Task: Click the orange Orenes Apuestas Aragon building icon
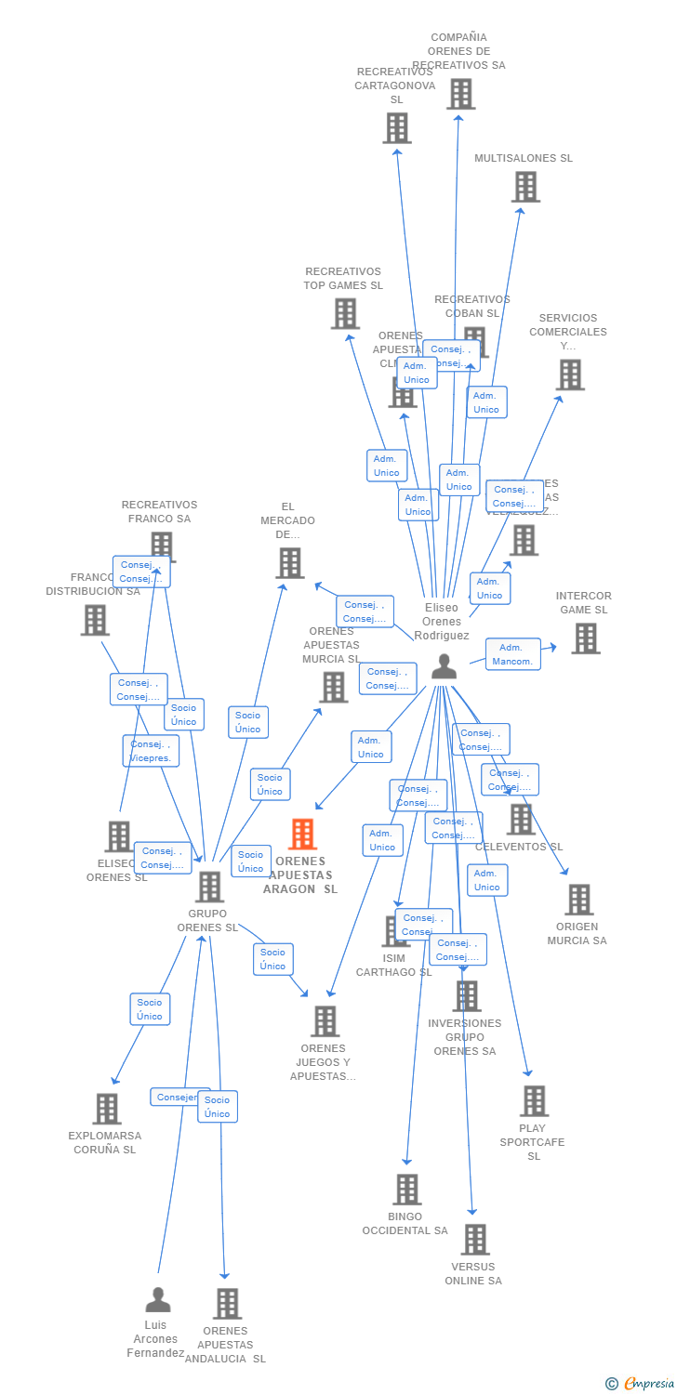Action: pos(302,835)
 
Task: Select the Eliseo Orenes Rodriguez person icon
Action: pos(445,667)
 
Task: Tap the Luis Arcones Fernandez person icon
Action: pos(158,1299)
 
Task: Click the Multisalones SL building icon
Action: pos(525,187)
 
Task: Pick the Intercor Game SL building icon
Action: pos(585,638)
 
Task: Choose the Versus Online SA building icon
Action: pos(475,1239)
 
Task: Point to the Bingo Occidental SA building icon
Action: pos(406,1190)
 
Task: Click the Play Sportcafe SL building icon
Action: pos(534,1101)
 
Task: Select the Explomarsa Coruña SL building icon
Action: pos(107,1109)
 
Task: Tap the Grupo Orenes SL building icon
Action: pos(209,887)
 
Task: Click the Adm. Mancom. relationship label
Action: pos(512,654)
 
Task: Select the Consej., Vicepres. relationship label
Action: pos(151,751)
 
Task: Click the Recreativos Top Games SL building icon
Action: pos(345,314)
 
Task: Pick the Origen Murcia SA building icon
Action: pos(578,900)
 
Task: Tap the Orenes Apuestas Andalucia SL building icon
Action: pos(227,1304)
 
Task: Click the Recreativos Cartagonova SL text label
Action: pos(395,85)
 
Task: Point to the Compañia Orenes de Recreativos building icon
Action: pos(460,94)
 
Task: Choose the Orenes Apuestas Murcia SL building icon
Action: pos(333,688)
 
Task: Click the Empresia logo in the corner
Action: pos(641,1384)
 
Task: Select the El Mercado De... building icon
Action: pos(289,563)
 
